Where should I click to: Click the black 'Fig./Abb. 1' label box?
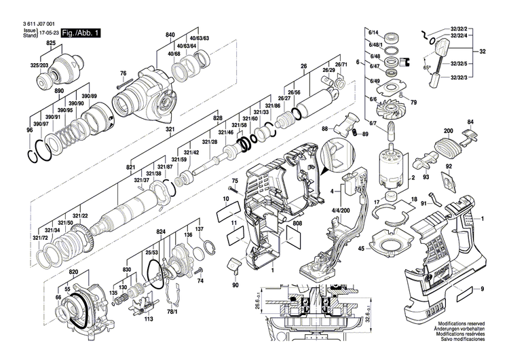pos(81,33)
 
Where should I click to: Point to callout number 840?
pos(170,34)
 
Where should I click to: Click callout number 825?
pos(52,43)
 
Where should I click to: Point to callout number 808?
pos(298,223)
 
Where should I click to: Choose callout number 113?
pos(149,318)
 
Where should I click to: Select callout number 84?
pos(470,123)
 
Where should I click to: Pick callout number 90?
pos(235,285)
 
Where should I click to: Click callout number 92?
pos(449,166)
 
